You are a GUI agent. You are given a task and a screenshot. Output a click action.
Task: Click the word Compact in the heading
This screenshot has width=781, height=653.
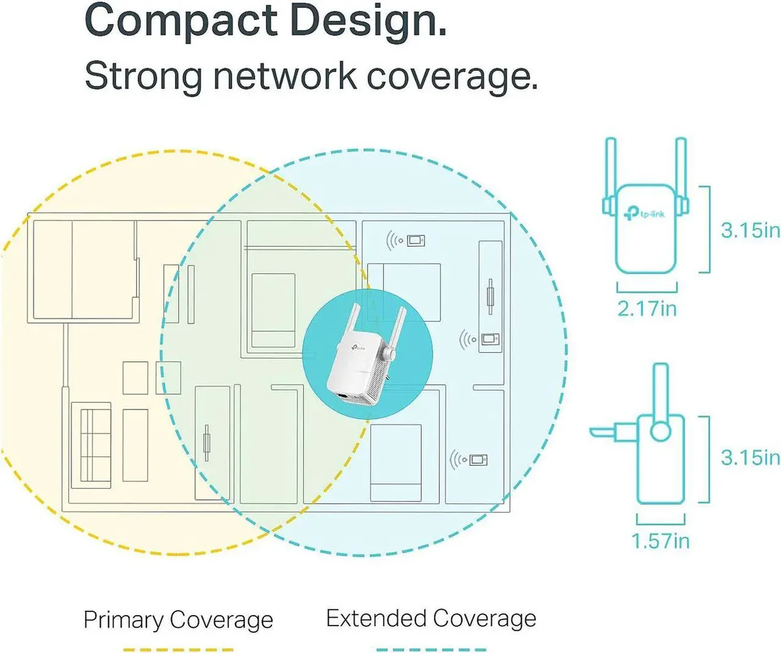point(182,21)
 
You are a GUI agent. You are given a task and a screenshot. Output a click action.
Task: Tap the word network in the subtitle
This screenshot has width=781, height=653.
point(285,76)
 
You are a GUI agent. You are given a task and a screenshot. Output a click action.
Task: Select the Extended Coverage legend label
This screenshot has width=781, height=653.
point(432,618)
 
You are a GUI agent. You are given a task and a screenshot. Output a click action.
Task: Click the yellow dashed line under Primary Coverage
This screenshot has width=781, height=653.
point(178,650)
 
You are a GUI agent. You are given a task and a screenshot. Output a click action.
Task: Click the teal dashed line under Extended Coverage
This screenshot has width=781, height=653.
point(432,650)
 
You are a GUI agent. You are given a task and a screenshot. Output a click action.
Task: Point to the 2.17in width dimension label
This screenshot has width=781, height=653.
point(647,309)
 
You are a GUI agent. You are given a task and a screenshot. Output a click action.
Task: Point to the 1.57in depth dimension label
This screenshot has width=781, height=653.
point(661,541)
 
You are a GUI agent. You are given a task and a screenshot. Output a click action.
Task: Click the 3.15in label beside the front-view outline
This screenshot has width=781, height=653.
point(750,230)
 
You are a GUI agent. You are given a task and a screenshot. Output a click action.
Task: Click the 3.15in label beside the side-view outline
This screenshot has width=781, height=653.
point(750,458)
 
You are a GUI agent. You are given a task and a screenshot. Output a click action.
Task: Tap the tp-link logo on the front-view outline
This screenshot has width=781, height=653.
point(645,214)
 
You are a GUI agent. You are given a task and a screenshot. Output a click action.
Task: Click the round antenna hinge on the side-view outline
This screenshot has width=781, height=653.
point(661,431)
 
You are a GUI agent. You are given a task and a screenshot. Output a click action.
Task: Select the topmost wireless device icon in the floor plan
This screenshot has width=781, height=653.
point(405,240)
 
